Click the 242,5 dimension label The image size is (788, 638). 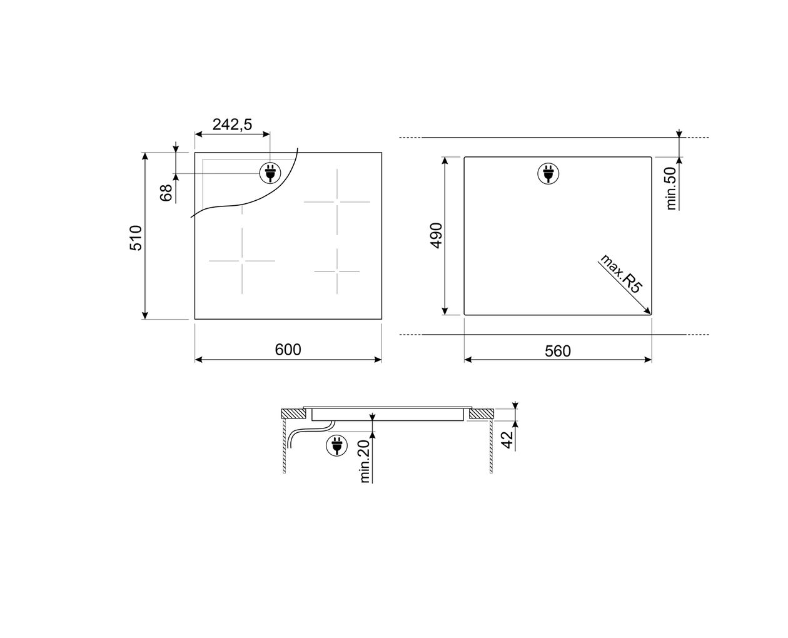[232, 124]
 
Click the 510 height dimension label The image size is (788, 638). [136, 238]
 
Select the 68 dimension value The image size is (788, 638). [166, 193]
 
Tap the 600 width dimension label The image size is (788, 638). [288, 350]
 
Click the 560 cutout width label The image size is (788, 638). [557, 351]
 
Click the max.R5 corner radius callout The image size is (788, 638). [620, 273]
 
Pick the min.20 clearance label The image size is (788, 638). [365, 461]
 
